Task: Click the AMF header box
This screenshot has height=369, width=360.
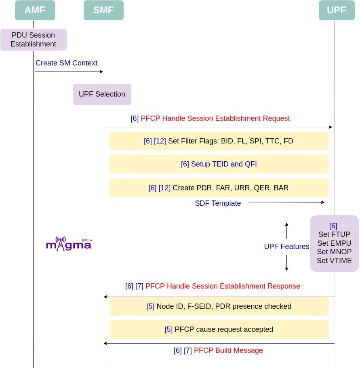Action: [x=35, y=11]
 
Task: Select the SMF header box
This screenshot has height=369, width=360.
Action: [x=103, y=11]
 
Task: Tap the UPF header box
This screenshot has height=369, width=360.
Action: [x=336, y=11]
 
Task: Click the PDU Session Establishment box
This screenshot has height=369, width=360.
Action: [x=33, y=40]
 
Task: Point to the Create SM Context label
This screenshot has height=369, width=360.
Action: [x=66, y=63]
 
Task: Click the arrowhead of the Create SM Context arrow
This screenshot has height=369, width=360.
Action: [x=101, y=72]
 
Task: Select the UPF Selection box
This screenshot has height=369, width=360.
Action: [x=102, y=94]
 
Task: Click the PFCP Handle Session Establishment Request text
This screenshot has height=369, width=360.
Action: [x=215, y=118]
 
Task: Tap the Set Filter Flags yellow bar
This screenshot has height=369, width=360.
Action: [x=219, y=141]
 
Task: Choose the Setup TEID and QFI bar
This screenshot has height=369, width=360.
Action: [x=219, y=164]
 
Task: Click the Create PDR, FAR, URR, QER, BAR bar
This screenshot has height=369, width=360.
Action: [x=219, y=188]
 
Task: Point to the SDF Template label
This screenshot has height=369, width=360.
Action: [x=218, y=203]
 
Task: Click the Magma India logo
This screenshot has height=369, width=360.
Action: [x=69, y=244]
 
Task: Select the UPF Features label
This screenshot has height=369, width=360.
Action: [x=286, y=247]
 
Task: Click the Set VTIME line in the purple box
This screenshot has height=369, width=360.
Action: [x=334, y=261]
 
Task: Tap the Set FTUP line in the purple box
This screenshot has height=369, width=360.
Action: [x=334, y=234]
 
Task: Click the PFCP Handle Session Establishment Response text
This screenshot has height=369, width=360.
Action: [x=222, y=286]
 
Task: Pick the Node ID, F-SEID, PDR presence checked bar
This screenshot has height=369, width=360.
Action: [x=219, y=306]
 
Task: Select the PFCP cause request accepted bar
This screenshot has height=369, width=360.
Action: [x=219, y=329]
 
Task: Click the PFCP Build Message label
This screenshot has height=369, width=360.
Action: [x=228, y=350]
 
